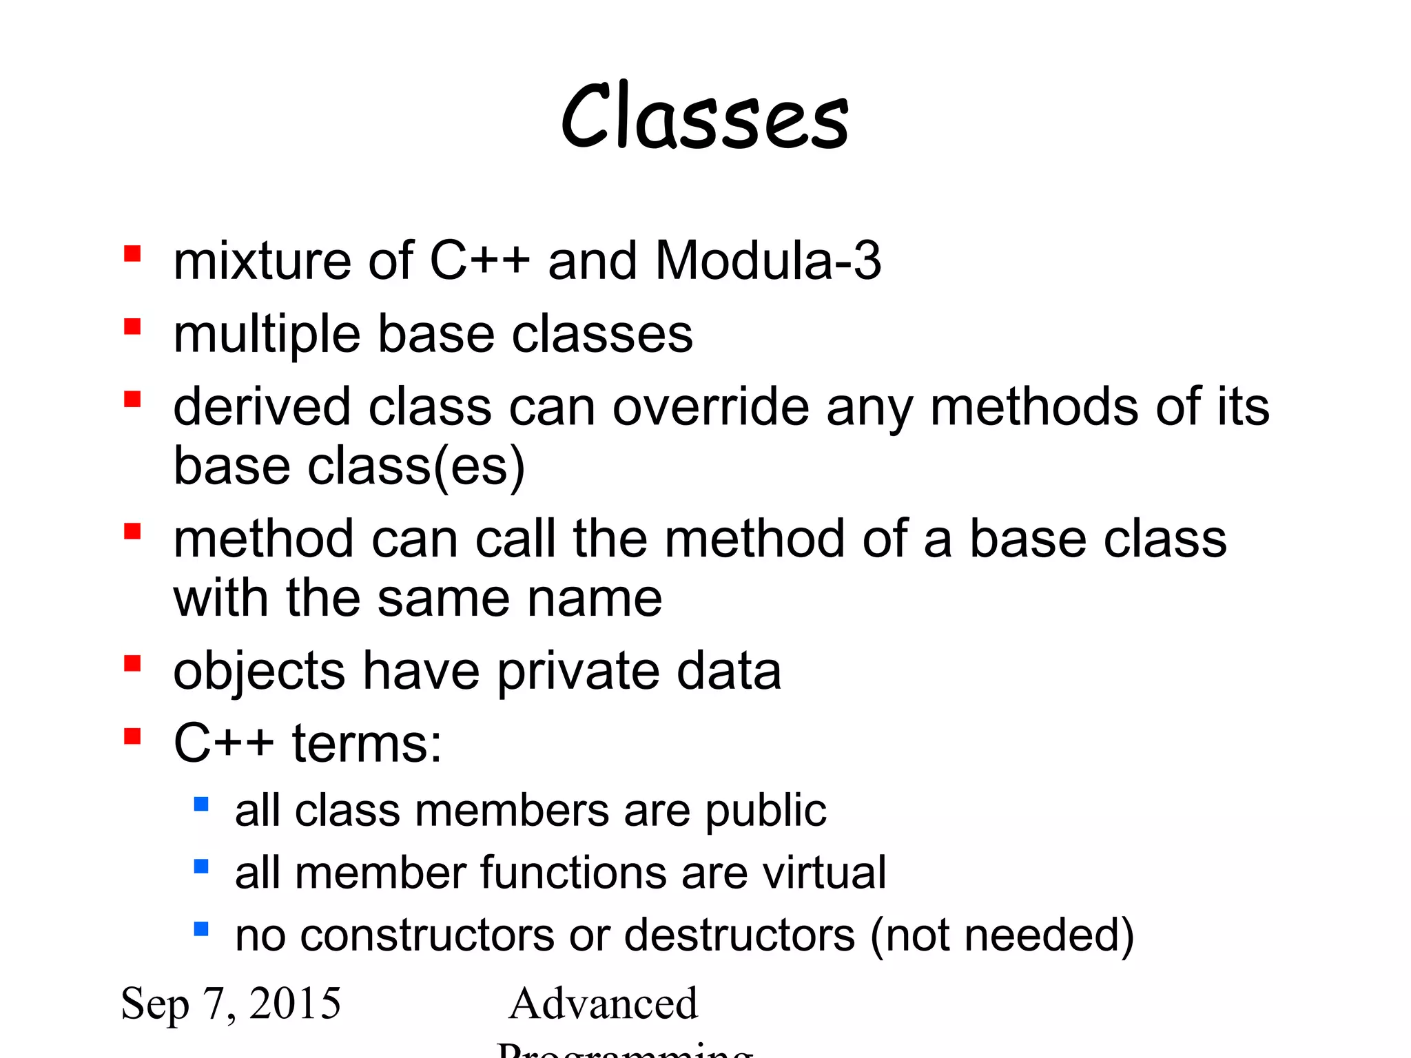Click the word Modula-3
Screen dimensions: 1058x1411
pos(768,261)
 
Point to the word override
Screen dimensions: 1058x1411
pos(710,407)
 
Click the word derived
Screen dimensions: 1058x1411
pos(262,407)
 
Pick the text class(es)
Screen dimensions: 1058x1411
pos(416,467)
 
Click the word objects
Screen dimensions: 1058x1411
pos(259,672)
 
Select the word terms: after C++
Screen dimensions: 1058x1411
pos(367,744)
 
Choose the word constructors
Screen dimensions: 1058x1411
pos(427,935)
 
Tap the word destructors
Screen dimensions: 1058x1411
pos(739,935)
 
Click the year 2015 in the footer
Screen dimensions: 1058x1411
pos(295,1003)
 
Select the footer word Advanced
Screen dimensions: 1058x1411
pos(604,1004)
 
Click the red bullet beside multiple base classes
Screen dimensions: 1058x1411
pos(132,326)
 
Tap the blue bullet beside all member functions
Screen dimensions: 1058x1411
pos(201,866)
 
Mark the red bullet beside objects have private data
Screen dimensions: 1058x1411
pos(132,663)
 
